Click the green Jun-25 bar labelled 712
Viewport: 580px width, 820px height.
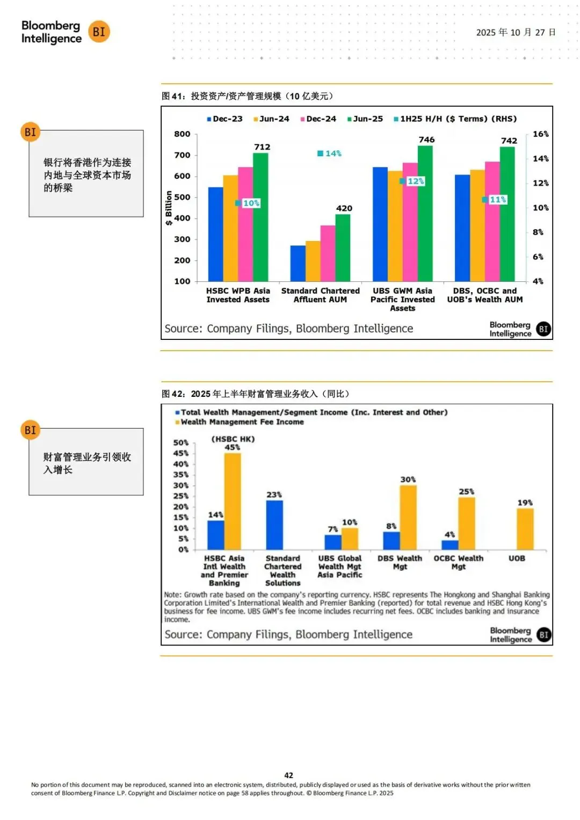click(260, 217)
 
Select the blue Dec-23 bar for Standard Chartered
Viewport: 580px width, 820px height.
click(298, 264)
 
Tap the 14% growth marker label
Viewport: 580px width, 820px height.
click(329, 154)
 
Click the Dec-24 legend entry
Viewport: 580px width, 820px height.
click(318, 119)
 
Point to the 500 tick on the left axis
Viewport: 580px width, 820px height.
click(182, 197)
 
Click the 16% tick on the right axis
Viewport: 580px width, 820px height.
click(540, 134)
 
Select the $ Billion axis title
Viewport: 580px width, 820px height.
click(169, 208)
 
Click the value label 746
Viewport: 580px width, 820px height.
click(426, 140)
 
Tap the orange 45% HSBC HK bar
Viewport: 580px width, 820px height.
click(233, 501)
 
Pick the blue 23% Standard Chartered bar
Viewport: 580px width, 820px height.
click(274, 525)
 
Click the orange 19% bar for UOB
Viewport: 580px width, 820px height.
click(525, 529)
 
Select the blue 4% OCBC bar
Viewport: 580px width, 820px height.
click(450, 545)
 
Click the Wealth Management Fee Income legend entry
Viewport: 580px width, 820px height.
click(240, 422)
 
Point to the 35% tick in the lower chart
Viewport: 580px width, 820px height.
click(181, 475)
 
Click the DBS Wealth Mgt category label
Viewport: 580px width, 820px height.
click(400, 562)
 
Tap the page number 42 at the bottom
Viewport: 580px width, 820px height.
click(288, 775)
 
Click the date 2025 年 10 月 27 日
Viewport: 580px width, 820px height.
click(516, 33)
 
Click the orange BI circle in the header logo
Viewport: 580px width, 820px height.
click(99, 32)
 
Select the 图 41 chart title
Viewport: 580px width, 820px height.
click(248, 96)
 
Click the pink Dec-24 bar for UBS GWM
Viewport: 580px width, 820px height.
click(410, 222)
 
